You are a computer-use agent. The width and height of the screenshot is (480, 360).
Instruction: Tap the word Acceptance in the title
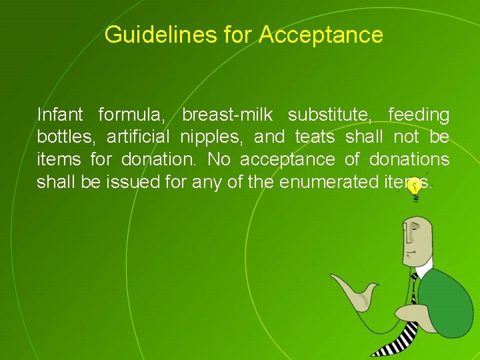(x=321, y=34)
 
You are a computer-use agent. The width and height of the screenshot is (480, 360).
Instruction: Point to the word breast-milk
(x=227, y=115)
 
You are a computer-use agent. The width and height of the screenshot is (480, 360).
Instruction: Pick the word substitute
(x=329, y=115)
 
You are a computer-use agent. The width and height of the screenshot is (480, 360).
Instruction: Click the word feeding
(x=418, y=115)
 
